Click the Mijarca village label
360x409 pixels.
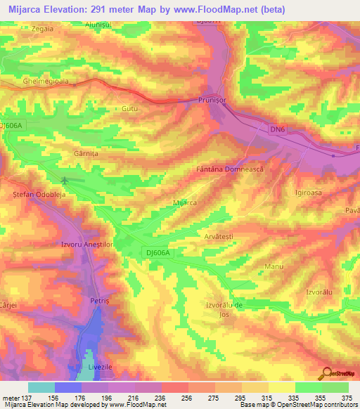tap(185, 202)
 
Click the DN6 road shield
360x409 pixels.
tap(279, 129)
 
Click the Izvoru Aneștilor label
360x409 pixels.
tap(87, 244)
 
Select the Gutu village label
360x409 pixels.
tap(130, 110)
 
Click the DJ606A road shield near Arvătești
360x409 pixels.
tap(160, 252)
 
